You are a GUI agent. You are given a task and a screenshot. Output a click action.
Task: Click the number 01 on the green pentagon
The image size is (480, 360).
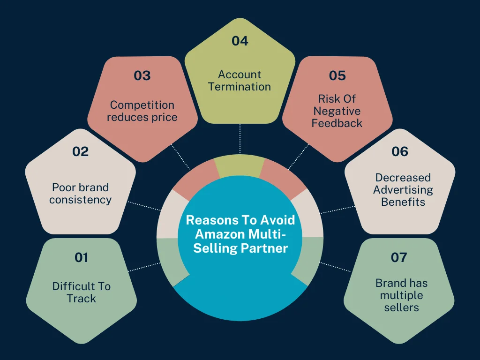(81, 257)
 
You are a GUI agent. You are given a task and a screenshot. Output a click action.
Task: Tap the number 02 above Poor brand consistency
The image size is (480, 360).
(81, 151)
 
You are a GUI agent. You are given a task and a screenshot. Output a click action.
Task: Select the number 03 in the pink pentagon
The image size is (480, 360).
(142, 75)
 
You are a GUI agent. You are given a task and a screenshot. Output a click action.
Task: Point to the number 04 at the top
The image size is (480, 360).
(240, 41)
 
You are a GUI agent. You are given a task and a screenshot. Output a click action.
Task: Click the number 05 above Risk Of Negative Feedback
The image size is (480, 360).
(337, 75)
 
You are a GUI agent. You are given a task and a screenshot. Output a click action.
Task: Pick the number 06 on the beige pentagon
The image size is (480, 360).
(399, 151)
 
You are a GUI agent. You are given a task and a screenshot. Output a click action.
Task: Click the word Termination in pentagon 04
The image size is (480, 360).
(240, 87)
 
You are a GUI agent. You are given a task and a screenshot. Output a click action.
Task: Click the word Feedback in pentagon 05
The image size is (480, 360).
(337, 123)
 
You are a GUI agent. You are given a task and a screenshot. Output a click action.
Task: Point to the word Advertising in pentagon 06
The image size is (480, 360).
(403, 190)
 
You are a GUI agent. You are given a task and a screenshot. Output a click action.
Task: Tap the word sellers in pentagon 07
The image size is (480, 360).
(402, 307)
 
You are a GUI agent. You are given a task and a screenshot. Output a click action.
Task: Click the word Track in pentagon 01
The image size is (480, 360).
(81, 299)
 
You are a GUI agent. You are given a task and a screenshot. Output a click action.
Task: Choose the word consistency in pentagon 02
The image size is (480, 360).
(81, 200)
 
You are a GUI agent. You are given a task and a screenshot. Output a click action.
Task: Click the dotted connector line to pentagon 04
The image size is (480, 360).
(240, 138)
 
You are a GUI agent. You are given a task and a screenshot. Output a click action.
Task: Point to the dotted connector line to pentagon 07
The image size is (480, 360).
(336, 267)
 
